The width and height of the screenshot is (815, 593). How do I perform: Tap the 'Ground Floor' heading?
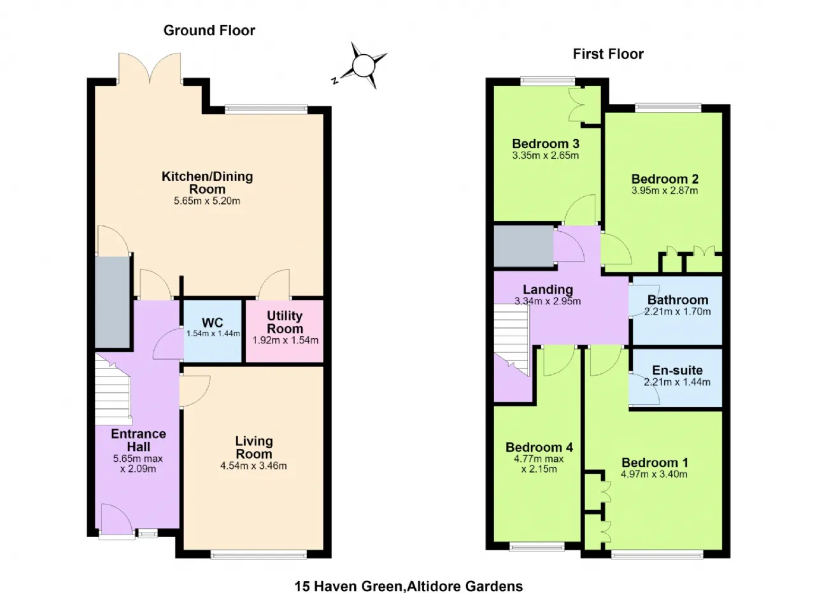[209, 31]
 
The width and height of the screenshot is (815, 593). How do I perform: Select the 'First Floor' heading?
[608, 54]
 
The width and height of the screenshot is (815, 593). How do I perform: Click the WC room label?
[213, 322]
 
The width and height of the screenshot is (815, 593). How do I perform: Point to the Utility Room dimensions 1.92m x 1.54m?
[286, 340]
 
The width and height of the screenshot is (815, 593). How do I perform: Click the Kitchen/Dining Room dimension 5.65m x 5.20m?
[207, 201]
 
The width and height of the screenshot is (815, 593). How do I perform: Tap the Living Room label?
[254, 447]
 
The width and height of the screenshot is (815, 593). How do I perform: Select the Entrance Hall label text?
[139, 440]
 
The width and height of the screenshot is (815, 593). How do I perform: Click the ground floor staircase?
[113, 388]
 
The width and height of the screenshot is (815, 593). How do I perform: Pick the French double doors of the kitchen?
[150, 68]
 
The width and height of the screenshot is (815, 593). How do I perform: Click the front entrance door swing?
[116, 517]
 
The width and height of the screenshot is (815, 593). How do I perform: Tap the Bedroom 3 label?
[546, 144]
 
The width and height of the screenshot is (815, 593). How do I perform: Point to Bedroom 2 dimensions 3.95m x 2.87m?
[665, 190]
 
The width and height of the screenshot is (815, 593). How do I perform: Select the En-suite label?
[677, 370]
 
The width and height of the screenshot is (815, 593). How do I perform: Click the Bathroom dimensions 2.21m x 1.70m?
[677, 311]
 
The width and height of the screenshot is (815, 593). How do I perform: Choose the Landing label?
[548, 290]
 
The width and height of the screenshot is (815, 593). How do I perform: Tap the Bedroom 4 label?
[539, 447]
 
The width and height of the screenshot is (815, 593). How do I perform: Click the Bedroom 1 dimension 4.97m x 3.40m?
[654, 475]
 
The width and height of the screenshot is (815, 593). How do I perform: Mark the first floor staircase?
[511, 339]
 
